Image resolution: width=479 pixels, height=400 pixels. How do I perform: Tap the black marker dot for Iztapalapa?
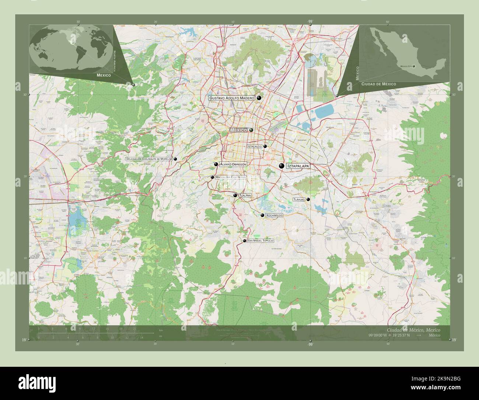coord(282,166)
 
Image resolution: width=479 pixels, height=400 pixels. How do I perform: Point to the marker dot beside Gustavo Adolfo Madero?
coord(259,98)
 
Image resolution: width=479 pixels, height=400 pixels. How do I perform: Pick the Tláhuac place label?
coord(299,199)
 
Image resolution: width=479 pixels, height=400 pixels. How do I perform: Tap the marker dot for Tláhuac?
coord(308,199)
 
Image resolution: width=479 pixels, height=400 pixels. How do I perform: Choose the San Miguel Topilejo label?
coord(261,241)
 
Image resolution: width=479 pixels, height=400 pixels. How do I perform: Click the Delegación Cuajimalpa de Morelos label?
coord(149,159)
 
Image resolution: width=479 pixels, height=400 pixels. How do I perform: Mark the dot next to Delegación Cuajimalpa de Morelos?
coord(175,159)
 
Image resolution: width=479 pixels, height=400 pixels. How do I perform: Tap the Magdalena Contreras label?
coord(230,177)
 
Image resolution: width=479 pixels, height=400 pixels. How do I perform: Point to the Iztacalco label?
coord(255,146)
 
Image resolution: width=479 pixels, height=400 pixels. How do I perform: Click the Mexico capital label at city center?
coord(238,130)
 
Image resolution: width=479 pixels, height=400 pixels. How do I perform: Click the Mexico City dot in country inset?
coord(414,66)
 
